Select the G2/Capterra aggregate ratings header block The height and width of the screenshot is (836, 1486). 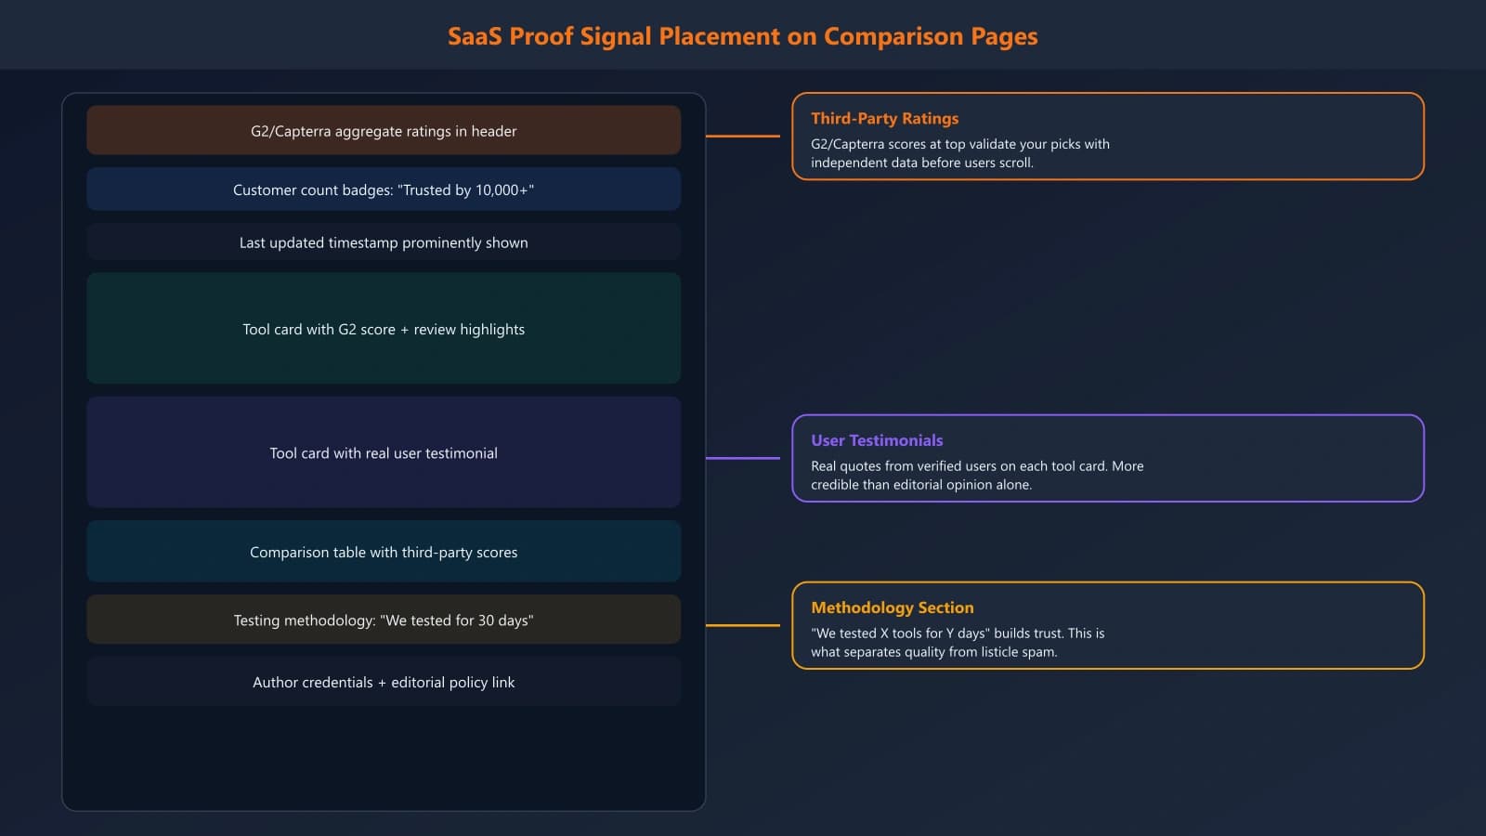click(384, 131)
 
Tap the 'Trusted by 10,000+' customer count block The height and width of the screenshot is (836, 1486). click(384, 189)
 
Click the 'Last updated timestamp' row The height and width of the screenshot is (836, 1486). click(384, 242)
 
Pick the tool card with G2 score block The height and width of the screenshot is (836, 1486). click(384, 329)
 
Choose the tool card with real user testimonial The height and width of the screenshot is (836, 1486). click(384, 453)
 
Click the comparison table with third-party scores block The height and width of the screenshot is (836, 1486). click(384, 552)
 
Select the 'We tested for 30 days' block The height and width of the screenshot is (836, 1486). click(384, 620)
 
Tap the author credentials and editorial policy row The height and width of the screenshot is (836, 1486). click(384, 682)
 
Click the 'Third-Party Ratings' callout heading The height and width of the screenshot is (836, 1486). click(884, 118)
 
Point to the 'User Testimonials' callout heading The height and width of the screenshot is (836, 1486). click(877, 440)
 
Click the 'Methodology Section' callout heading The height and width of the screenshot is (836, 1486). click(893, 607)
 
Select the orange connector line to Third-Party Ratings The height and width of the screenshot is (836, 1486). click(743, 136)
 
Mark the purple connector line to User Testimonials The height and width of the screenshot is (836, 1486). click(743, 458)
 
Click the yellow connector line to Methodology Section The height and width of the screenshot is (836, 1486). click(743, 625)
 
